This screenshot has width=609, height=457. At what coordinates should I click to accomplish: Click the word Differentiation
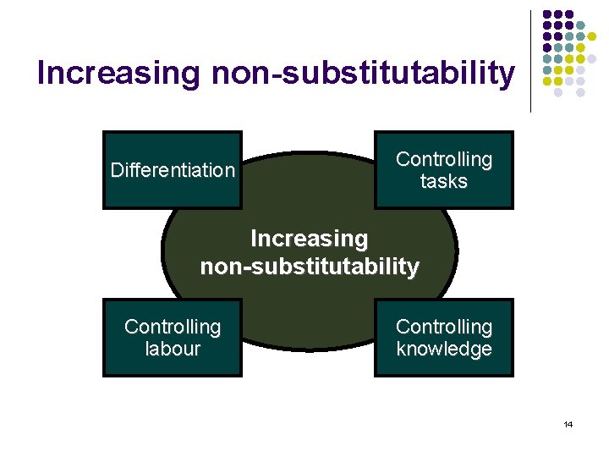pyautogui.click(x=173, y=170)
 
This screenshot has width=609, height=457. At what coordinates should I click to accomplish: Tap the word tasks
pyautogui.click(x=443, y=181)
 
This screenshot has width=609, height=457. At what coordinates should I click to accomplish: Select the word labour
pyautogui.click(x=173, y=349)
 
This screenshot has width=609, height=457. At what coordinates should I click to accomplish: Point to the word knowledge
pyautogui.click(x=443, y=349)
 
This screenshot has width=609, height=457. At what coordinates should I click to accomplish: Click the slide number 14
pyautogui.click(x=568, y=424)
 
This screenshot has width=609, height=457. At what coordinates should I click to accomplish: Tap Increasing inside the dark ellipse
pyautogui.click(x=310, y=240)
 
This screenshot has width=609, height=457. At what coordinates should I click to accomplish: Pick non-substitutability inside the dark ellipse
pyautogui.click(x=310, y=267)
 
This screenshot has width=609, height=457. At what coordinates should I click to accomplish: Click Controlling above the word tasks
pyautogui.click(x=443, y=159)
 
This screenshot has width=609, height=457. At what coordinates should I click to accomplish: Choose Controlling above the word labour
pyautogui.click(x=173, y=327)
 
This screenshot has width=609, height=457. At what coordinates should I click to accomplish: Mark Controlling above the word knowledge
pyautogui.click(x=443, y=327)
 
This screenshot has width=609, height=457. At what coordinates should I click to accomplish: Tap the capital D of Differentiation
pyautogui.click(x=117, y=170)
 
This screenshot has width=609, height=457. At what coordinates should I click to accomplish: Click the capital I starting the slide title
pyautogui.click(x=42, y=74)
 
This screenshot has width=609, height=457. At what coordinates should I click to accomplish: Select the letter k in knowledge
pyautogui.click(x=401, y=349)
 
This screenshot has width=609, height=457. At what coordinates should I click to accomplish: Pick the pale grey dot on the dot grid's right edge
pyautogui.click(x=593, y=58)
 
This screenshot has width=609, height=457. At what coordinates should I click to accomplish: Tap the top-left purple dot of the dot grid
pyautogui.click(x=547, y=14)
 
